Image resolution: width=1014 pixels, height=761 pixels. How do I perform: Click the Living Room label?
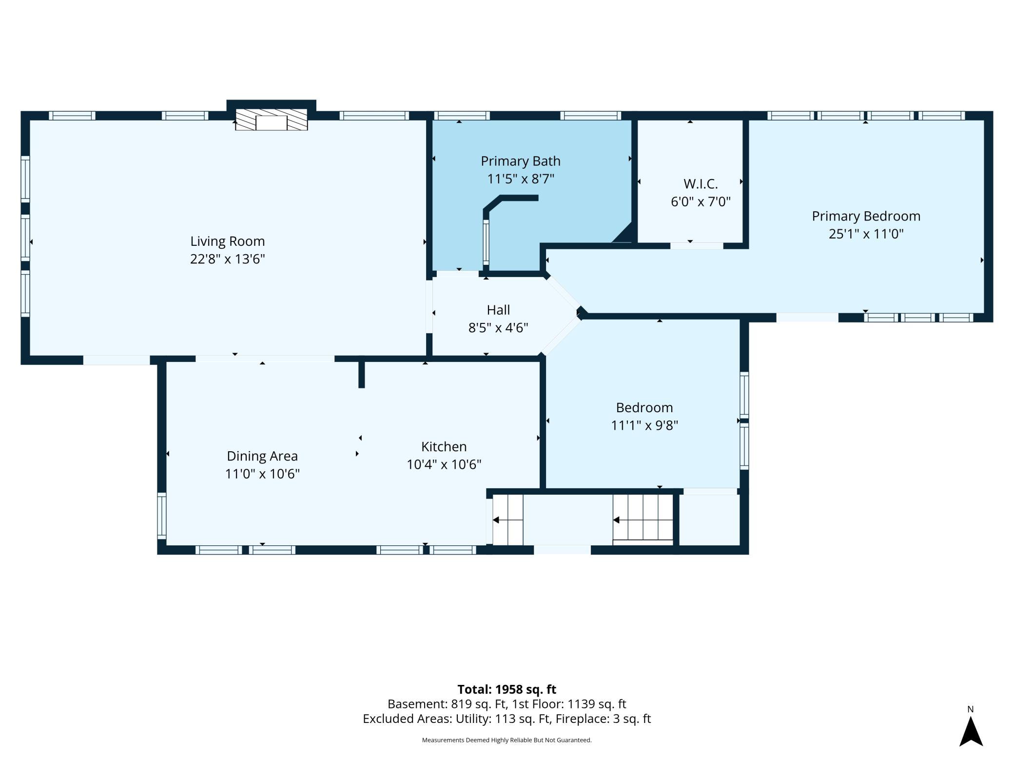[227, 241]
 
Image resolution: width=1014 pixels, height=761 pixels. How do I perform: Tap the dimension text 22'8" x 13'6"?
[227, 259]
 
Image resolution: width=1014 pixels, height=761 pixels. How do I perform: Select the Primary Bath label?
[521, 161]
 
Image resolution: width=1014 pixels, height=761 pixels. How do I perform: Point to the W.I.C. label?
[701, 184]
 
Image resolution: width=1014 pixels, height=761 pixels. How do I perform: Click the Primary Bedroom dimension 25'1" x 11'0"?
[866, 234]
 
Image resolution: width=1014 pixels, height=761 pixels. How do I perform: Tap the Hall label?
[498, 310]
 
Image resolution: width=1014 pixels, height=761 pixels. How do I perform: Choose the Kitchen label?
[444, 446]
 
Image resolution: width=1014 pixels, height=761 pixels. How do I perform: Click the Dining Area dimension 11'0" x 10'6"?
[262, 474]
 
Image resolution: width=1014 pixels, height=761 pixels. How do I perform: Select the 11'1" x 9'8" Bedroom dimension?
[644, 425]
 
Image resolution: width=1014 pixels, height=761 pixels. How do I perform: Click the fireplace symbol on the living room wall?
[272, 120]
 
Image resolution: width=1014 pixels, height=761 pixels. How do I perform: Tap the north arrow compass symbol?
[971, 730]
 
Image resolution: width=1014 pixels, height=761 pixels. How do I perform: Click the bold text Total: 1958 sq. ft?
[507, 689]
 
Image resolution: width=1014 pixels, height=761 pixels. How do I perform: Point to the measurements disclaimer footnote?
[507, 740]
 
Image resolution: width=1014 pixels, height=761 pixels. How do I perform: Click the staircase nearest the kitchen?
[507, 520]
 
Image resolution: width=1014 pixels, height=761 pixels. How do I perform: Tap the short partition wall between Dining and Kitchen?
[361, 374]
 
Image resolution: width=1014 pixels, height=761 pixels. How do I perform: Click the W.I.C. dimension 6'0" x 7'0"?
[701, 201]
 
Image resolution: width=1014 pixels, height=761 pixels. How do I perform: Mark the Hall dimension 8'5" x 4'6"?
[498, 327]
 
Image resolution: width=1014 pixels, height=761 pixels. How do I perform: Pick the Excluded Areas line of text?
[507, 719]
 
